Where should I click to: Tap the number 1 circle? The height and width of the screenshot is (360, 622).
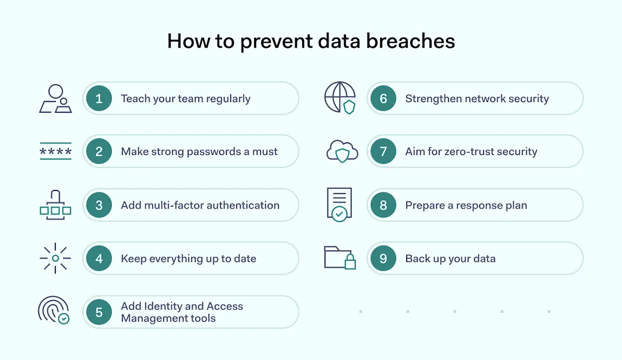coord(99,99)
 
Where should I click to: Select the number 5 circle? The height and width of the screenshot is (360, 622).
coord(99,312)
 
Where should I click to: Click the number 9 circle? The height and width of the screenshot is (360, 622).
coord(383,258)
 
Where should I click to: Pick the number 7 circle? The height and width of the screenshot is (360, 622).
coord(383,152)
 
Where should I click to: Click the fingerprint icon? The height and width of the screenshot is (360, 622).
coord(54,310)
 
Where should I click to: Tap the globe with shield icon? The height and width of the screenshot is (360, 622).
coord(340,98)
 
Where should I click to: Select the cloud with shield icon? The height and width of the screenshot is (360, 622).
coord(342,151)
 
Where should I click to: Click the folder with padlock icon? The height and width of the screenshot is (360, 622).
coord(340,257)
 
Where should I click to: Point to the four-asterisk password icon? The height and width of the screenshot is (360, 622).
coord(55,152)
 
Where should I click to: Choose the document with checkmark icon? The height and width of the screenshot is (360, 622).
coord(339,205)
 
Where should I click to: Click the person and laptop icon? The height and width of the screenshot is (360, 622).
coord(55,99)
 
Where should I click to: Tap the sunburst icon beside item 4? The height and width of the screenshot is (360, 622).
coord(55,258)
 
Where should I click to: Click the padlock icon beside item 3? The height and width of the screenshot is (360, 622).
coord(55,205)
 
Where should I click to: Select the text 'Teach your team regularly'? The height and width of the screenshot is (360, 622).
coord(186,99)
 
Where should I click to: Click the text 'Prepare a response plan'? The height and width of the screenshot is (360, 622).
coord(466,205)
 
